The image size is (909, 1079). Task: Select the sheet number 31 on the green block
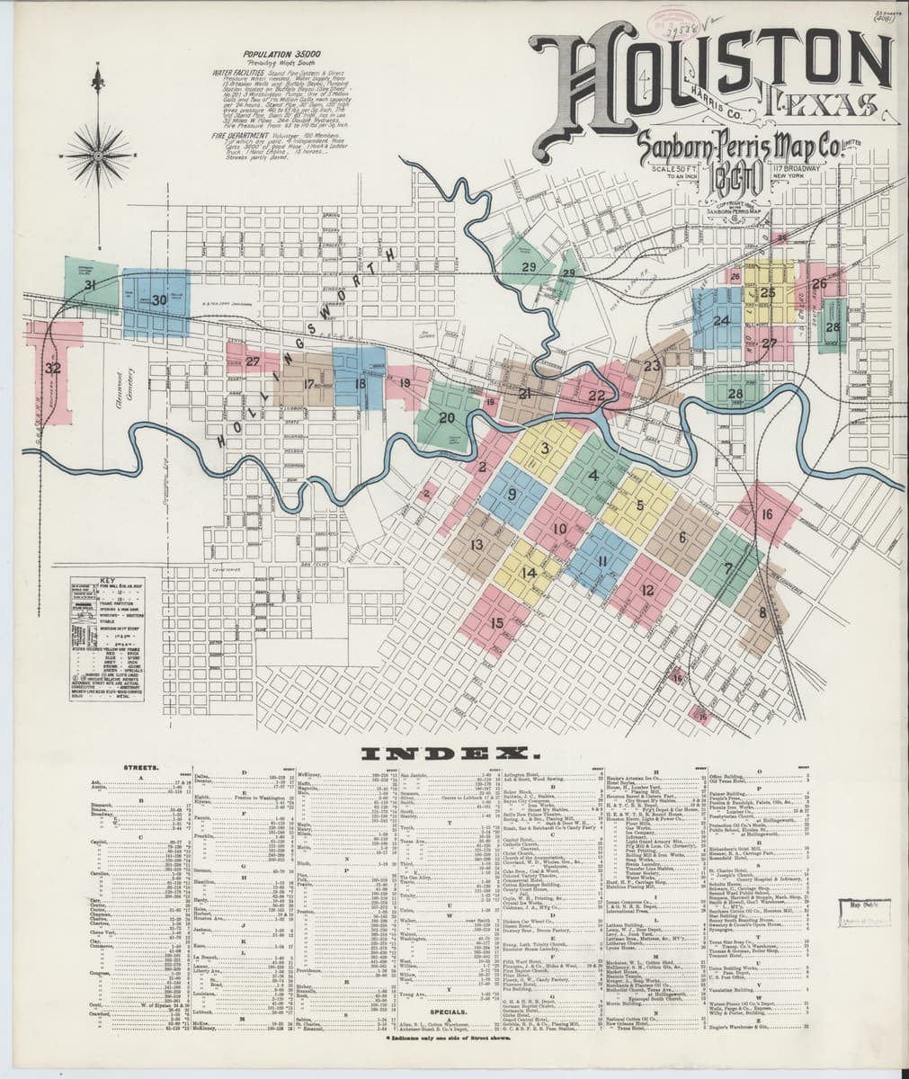[x=91, y=285]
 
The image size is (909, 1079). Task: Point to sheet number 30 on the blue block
[x=159, y=299]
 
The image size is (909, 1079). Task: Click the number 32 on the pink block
[x=53, y=368]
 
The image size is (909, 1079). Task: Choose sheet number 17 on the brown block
[x=308, y=384]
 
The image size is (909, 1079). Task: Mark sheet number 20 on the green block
[x=447, y=417]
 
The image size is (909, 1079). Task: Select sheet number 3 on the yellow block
[x=543, y=448]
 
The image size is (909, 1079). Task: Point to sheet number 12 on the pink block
[x=647, y=591]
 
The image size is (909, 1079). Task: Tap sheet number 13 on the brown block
[x=477, y=544]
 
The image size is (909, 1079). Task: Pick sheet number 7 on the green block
[x=726, y=568]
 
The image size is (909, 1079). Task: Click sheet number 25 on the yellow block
[x=768, y=292]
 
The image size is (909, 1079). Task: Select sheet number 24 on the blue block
[x=721, y=320]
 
